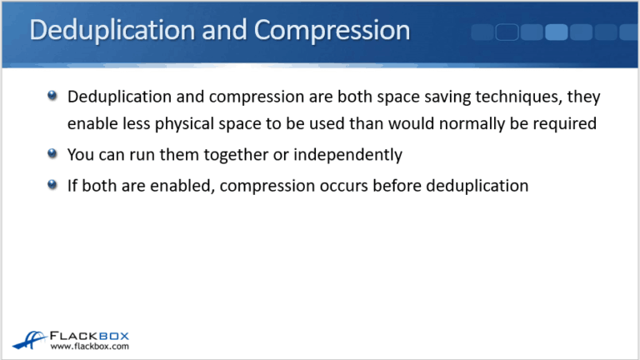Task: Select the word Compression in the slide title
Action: tap(332, 32)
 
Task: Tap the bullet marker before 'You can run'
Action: tap(52, 154)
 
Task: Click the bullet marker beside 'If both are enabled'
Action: tap(52, 185)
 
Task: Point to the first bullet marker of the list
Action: tap(52, 97)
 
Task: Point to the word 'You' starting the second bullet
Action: tap(81, 154)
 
